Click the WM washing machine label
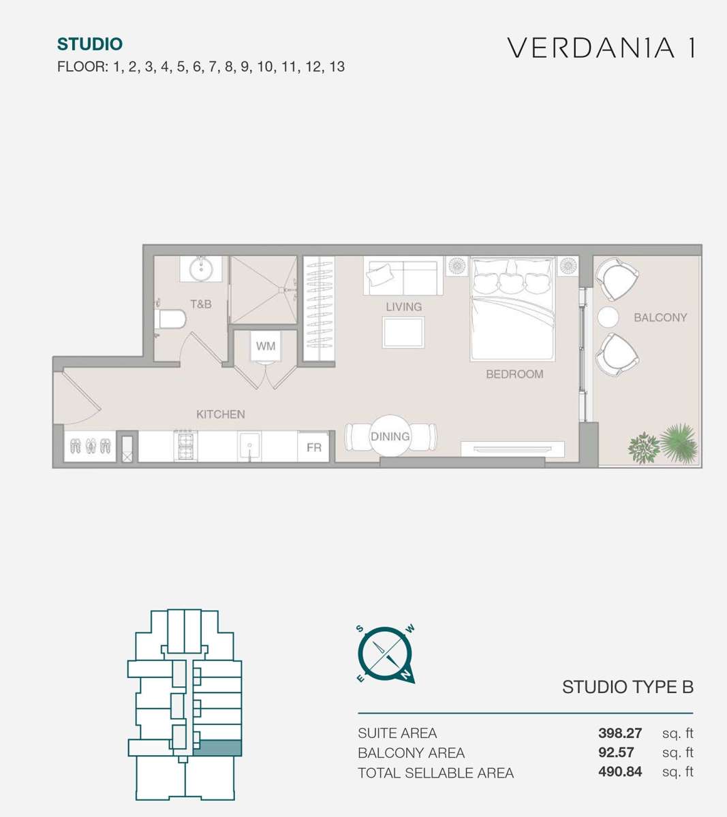pos(265,346)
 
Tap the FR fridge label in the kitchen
pos(313,447)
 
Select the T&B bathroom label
pos(200,304)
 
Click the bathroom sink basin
pos(200,270)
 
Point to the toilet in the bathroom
pos(170,319)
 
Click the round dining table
pos(390,436)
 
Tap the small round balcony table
pos(608,317)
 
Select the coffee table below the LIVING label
pos(403,332)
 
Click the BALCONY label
pos(660,318)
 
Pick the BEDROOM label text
pos(514,374)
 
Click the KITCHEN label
pos(220,415)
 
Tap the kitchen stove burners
pos(186,445)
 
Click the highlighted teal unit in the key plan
pos(217,748)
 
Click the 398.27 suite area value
pos(620,733)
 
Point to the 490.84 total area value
pos(620,771)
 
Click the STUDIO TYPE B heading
pos(628,687)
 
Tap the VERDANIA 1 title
pos(601,48)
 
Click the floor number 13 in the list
pos(337,67)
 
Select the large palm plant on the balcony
pos(679,443)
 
